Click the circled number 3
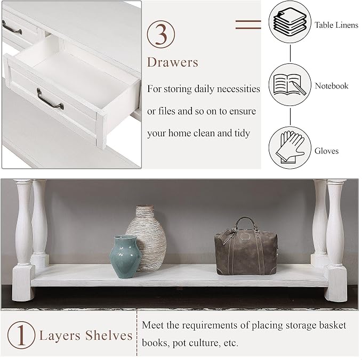click(161, 35)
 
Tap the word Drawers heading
click(173, 62)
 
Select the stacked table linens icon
click(290, 22)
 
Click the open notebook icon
click(289, 85)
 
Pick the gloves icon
click(289, 148)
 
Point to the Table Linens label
click(336, 25)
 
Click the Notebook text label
click(331, 86)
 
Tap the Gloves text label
click(326, 151)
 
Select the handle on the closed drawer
click(12, 28)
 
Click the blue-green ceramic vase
click(125, 257)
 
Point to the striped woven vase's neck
click(144, 209)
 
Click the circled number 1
click(21, 335)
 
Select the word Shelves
click(109, 336)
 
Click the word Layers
click(60, 336)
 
